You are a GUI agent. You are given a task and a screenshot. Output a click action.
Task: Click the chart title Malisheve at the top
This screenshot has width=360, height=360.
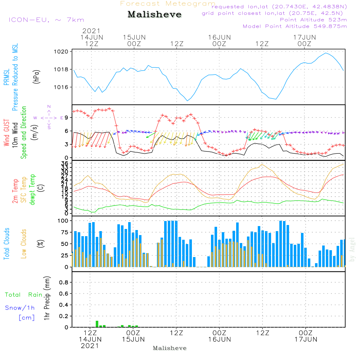click(154, 14)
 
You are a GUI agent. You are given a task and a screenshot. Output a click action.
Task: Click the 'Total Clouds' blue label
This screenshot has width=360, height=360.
click(6, 244)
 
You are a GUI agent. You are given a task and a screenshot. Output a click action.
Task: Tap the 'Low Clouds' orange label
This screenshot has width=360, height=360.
click(24, 244)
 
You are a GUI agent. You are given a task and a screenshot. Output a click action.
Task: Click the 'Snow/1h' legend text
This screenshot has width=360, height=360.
click(20, 308)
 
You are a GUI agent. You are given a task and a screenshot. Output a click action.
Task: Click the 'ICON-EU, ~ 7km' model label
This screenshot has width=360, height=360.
click(46, 20)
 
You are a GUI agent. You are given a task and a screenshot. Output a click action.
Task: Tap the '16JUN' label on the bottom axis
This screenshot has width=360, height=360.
click(219, 339)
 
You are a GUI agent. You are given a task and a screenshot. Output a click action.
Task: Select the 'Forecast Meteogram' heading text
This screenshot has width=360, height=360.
click(168, 4)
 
